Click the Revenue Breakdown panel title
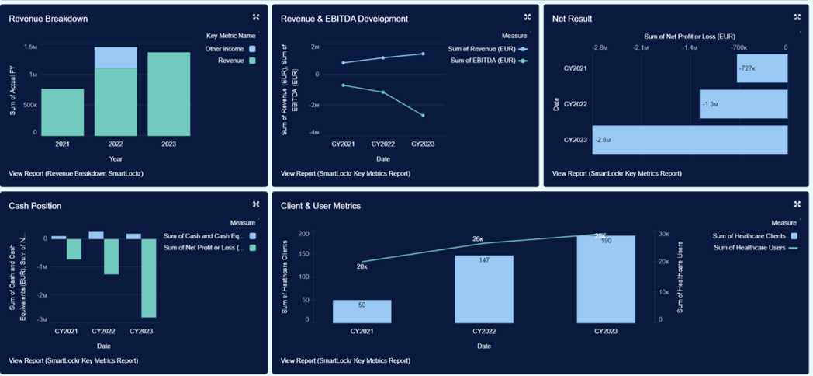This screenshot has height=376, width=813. [x=48, y=19]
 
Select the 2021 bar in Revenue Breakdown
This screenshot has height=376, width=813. [x=62, y=112]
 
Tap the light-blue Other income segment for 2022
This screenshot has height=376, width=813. [x=116, y=57]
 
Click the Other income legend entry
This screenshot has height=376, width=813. [x=224, y=49]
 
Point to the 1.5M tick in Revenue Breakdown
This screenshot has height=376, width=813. [x=30, y=47]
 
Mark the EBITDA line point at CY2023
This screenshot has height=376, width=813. [x=423, y=116]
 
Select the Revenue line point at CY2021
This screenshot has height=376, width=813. [x=343, y=63]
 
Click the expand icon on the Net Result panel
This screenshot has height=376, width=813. [x=797, y=17]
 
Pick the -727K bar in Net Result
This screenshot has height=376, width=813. [x=762, y=68]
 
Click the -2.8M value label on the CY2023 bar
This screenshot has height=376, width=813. [x=603, y=140]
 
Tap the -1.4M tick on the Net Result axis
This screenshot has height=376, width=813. [x=689, y=47]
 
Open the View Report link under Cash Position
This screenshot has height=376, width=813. [x=74, y=360]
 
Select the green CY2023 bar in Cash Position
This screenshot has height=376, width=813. [x=148, y=277]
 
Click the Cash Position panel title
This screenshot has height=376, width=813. [x=35, y=206]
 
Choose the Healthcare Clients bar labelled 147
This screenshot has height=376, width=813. [x=484, y=288]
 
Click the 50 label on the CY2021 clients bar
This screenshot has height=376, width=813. [x=362, y=305]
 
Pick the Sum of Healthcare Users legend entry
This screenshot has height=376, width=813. [x=749, y=248]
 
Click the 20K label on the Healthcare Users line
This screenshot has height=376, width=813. [x=362, y=266]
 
